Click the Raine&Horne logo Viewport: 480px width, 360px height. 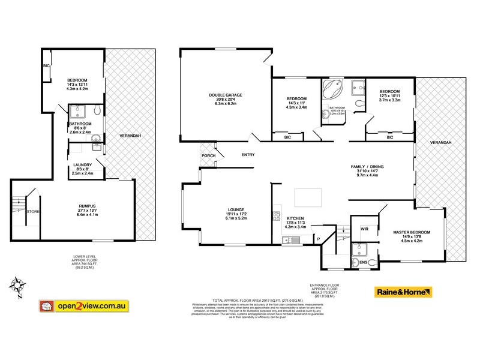(403, 293)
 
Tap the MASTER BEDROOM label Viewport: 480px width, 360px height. (412, 232)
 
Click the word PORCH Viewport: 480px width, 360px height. (208, 157)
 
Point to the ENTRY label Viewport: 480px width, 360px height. (248, 156)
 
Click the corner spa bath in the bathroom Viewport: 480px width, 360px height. (332, 91)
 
